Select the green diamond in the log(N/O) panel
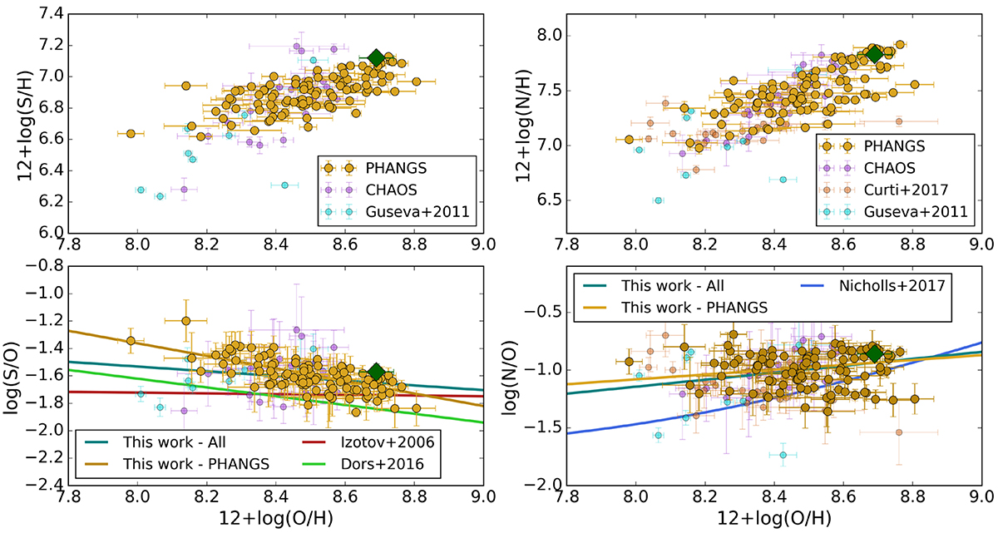click(874, 353)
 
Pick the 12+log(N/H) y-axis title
click(521, 123)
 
